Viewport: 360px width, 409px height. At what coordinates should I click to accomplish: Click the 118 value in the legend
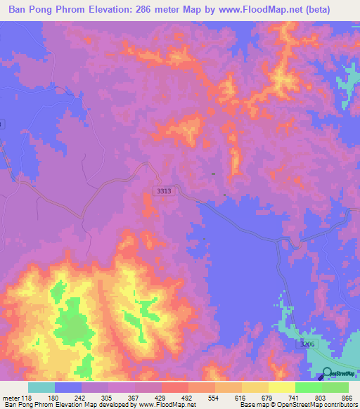tap(27, 397)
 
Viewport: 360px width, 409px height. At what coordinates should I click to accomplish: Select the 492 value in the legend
tap(187, 397)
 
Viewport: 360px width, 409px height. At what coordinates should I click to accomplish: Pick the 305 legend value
tap(107, 397)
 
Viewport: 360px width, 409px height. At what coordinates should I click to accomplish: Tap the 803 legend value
tap(321, 397)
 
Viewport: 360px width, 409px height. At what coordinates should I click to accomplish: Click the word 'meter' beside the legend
tap(11, 397)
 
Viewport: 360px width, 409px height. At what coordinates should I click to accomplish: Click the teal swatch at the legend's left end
tap(41, 387)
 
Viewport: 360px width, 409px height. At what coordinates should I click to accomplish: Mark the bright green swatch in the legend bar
tap(307, 387)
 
